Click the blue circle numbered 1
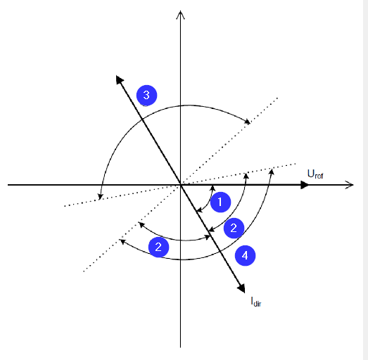pyautogui.click(x=220, y=202)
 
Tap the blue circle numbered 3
pyautogui.click(x=146, y=95)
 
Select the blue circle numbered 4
pyautogui.click(x=245, y=256)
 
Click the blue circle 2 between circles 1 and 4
pyautogui.click(x=234, y=228)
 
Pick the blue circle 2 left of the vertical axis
pyautogui.click(x=158, y=247)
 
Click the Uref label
pyautogui.click(x=315, y=174)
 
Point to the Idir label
pyautogui.click(x=256, y=302)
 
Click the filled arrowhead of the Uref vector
pyautogui.click(x=305, y=185)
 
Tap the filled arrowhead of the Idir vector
pyautogui.click(x=242, y=288)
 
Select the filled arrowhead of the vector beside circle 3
pyautogui.click(x=119, y=79)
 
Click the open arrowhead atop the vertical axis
pyautogui.click(x=180, y=15)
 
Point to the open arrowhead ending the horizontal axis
pyautogui.click(x=349, y=185)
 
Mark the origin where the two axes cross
pyautogui.click(x=180, y=185)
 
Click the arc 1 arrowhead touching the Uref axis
pyautogui.click(x=212, y=188)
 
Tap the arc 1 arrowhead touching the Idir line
pyautogui.click(x=199, y=210)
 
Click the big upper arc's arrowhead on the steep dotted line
pyautogui.click(x=247, y=121)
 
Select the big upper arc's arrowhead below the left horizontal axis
pyautogui.click(x=101, y=197)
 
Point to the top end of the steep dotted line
pyautogui.click(x=278, y=98)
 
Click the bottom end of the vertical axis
pyautogui.click(x=180, y=347)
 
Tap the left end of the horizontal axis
pyautogui.click(x=8, y=185)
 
